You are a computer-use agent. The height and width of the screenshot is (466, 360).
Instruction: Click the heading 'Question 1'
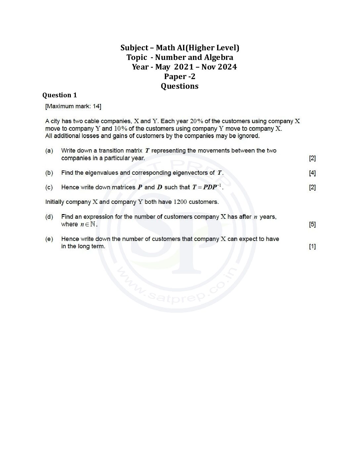pos(60,95)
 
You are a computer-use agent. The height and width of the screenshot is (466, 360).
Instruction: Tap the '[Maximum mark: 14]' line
pos(73,106)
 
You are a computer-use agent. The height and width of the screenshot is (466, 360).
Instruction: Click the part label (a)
pos(49,151)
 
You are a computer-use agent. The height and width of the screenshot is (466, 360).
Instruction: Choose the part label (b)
pos(49,173)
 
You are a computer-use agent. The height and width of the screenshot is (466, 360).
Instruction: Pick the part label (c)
pos(49,187)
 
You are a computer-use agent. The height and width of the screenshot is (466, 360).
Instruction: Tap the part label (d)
pos(49,217)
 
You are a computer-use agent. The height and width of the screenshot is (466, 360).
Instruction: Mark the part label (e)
pos(49,239)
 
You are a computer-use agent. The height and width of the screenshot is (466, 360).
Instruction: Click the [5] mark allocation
pos(312,224)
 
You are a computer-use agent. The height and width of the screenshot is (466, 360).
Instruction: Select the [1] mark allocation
pos(312,246)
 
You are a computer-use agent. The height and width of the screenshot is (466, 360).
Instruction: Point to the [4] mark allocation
pos(312,173)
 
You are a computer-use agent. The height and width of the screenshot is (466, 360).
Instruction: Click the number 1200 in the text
pos(180,202)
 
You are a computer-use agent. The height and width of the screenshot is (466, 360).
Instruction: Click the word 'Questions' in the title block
pos(180,86)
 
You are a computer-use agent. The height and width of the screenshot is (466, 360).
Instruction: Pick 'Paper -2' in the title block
pos(180,76)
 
